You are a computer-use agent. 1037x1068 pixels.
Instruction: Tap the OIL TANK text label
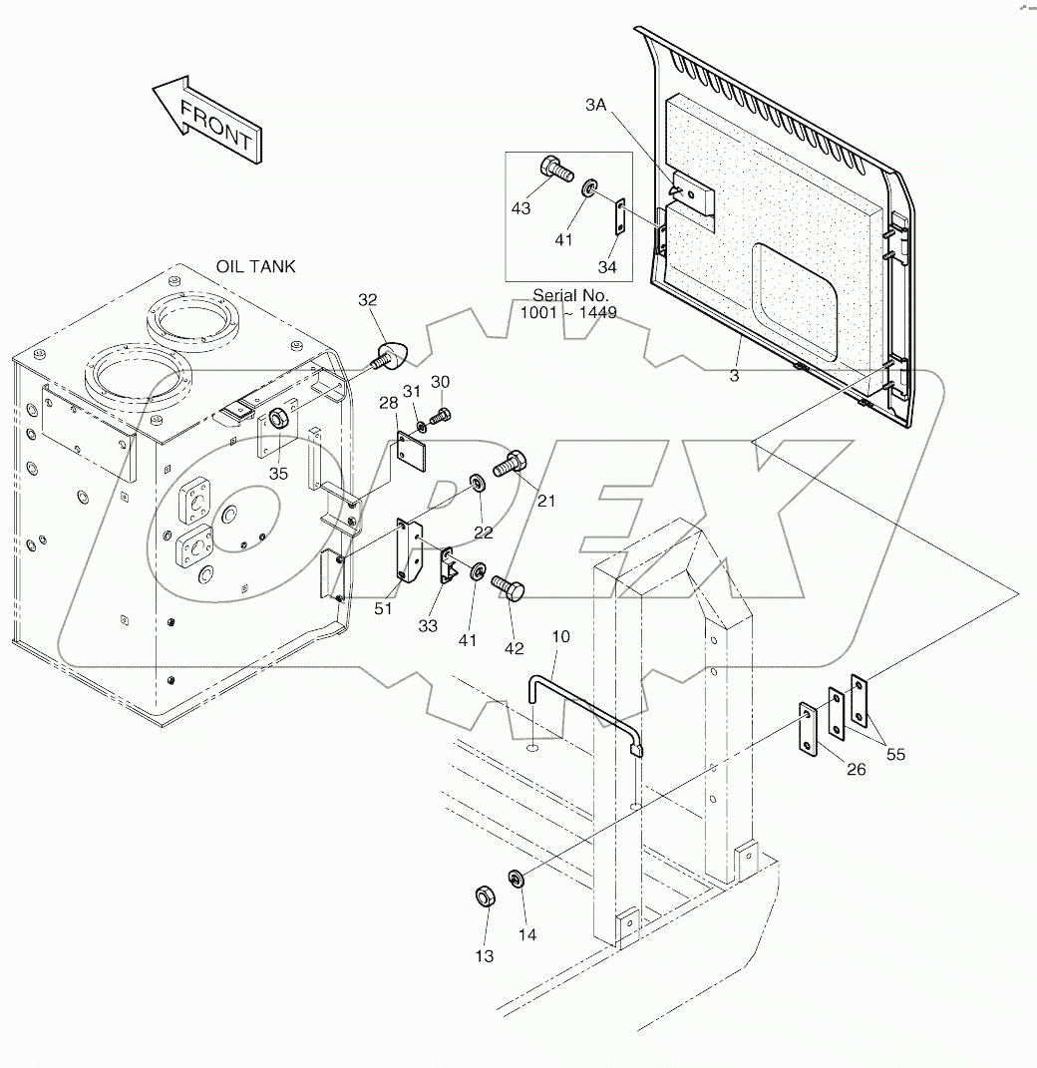point(255,266)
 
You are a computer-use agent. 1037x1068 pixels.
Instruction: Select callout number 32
point(368,299)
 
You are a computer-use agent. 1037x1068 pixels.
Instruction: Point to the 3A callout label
point(595,105)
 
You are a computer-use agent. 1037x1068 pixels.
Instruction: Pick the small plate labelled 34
point(619,216)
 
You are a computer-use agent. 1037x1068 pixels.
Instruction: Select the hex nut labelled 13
point(482,897)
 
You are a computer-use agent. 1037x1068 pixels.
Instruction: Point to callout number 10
point(560,635)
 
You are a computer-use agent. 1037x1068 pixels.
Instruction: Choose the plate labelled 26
point(807,729)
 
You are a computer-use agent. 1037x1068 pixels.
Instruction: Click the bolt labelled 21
point(514,463)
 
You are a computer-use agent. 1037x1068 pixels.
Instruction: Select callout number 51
point(381,608)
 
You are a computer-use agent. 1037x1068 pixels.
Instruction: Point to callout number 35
point(278,473)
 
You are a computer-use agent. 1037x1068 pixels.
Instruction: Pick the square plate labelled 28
point(410,450)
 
